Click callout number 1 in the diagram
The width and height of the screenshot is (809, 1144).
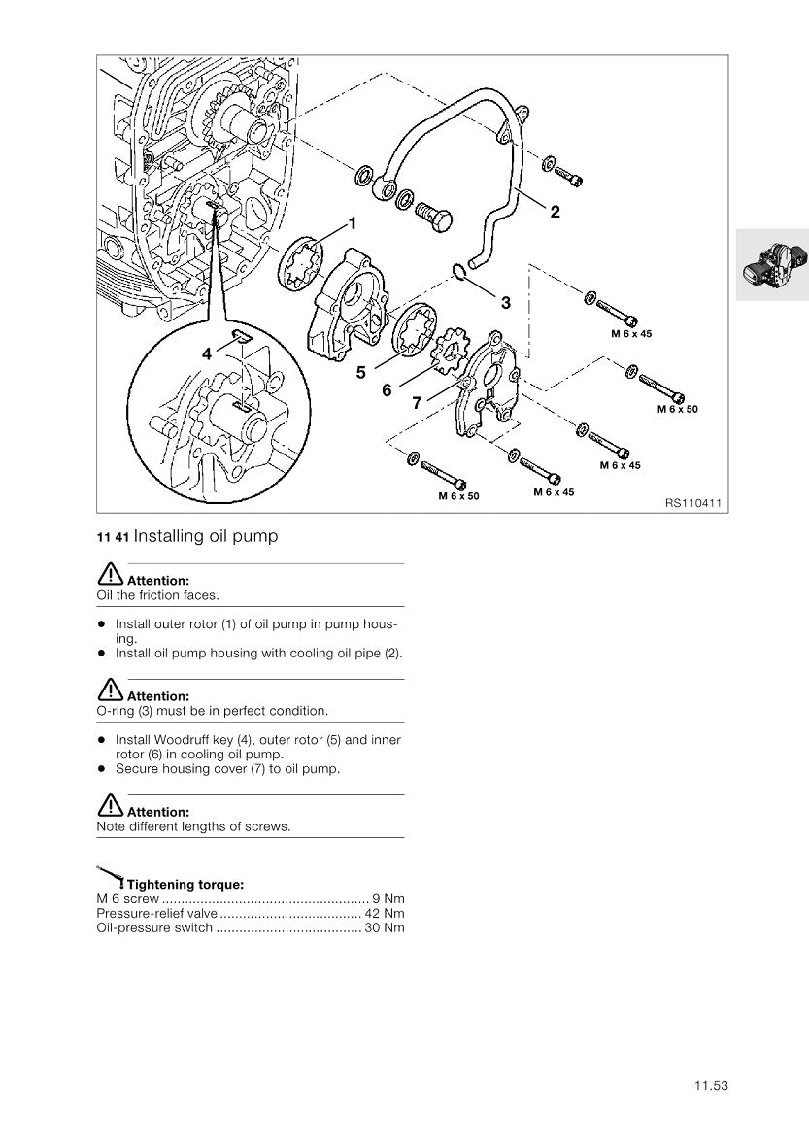[353, 223]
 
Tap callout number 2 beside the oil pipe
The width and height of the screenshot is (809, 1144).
[556, 213]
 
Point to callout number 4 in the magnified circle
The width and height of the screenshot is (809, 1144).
[207, 354]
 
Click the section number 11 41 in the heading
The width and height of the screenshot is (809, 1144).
[113, 537]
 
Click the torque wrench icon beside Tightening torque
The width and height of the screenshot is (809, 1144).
[110, 876]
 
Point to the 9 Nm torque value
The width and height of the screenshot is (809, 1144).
[388, 898]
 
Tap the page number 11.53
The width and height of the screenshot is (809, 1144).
[711, 1086]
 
